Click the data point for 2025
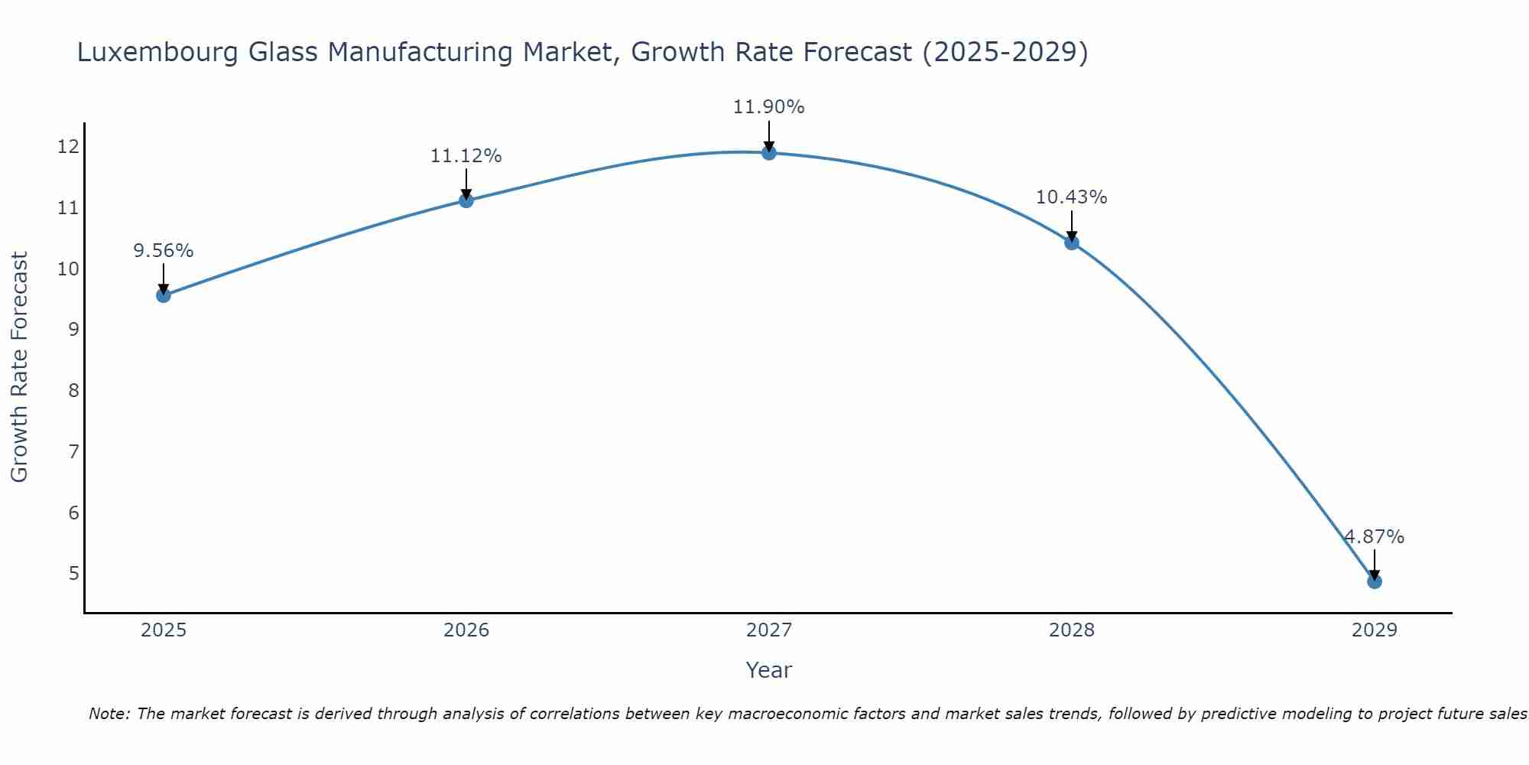164,295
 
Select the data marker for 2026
466,200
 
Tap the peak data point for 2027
769,153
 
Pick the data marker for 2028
1072,243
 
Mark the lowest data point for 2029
1375,581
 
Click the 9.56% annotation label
164,251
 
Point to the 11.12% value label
466,156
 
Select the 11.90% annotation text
769,107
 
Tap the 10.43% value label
1072,197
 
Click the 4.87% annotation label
1375,537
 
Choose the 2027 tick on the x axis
769,630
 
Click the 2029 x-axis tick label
1375,630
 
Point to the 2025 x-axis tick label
164,630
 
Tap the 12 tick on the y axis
68,147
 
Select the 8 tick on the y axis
73,391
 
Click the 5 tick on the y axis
73,574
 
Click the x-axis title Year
769,670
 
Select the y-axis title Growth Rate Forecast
20,367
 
